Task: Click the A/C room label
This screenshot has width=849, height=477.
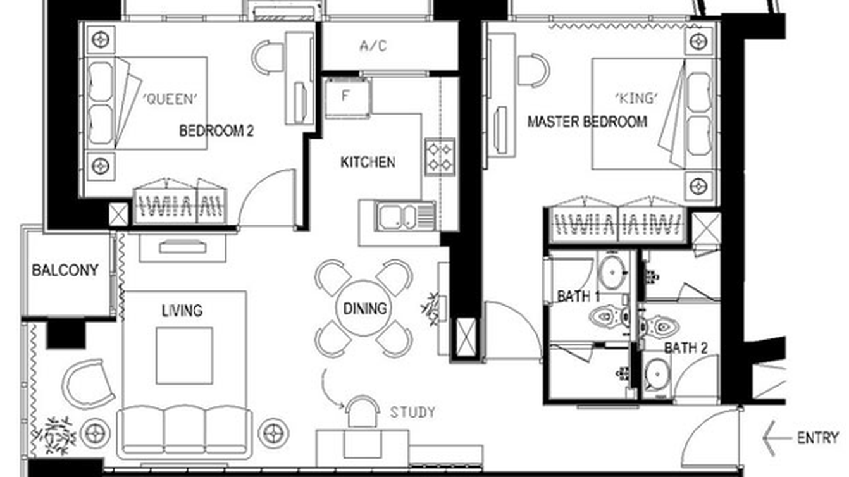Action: pyautogui.click(x=373, y=46)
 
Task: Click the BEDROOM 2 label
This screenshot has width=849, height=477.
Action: pyautogui.click(x=216, y=131)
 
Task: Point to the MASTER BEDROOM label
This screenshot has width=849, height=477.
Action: pyautogui.click(x=587, y=121)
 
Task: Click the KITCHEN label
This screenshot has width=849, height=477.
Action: pyautogui.click(x=368, y=163)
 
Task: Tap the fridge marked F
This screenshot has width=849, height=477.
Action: pyautogui.click(x=346, y=97)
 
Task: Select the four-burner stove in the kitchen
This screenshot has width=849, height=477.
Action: pyautogui.click(x=440, y=156)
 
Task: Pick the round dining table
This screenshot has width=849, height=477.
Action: pyautogui.click(x=364, y=309)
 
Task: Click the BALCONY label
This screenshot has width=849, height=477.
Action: pyautogui.click(x=65, y=271)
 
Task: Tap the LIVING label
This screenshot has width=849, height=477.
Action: pyautogui.click(x=182, y=311)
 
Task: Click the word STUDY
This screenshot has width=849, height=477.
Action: pyautogui.click(x=412, y=412)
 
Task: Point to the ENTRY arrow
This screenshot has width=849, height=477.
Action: pyautogui.click(x=776, y=438)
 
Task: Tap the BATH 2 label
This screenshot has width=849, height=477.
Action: pyautogui.click(x=686, y=348)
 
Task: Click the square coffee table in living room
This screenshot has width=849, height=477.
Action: pyautogui.click(x=184, y=355)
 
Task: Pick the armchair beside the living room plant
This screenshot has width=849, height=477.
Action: pyautogui.click(x=89, y=383)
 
